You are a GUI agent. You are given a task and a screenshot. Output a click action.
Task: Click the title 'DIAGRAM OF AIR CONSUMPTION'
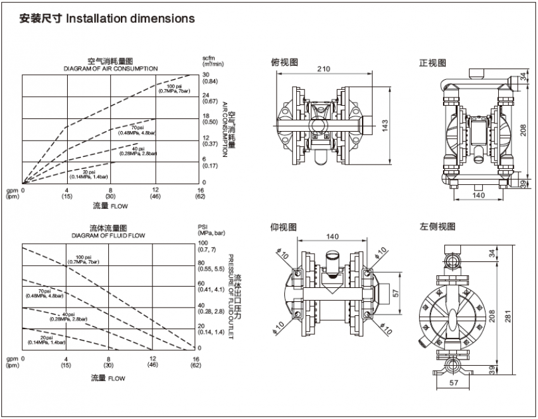pos(108,68)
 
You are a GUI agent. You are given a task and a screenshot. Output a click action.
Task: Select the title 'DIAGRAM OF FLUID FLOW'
pos(108,235)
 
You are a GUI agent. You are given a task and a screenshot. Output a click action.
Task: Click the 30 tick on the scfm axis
pos(206,75)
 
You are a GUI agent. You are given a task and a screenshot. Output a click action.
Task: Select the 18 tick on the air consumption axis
pos(206,116)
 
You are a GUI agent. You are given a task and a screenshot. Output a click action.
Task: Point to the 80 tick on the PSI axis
pos(203,263)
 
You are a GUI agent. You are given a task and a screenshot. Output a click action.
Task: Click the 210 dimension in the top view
pos(323,70)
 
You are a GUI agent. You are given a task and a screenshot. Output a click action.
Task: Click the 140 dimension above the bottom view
pos(332,237)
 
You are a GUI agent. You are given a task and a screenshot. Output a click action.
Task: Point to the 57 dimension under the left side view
pos(453,382)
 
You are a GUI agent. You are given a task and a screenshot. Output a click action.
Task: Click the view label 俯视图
pos(284,62)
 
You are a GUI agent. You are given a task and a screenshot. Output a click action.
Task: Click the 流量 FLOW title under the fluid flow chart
pos(108,378)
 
